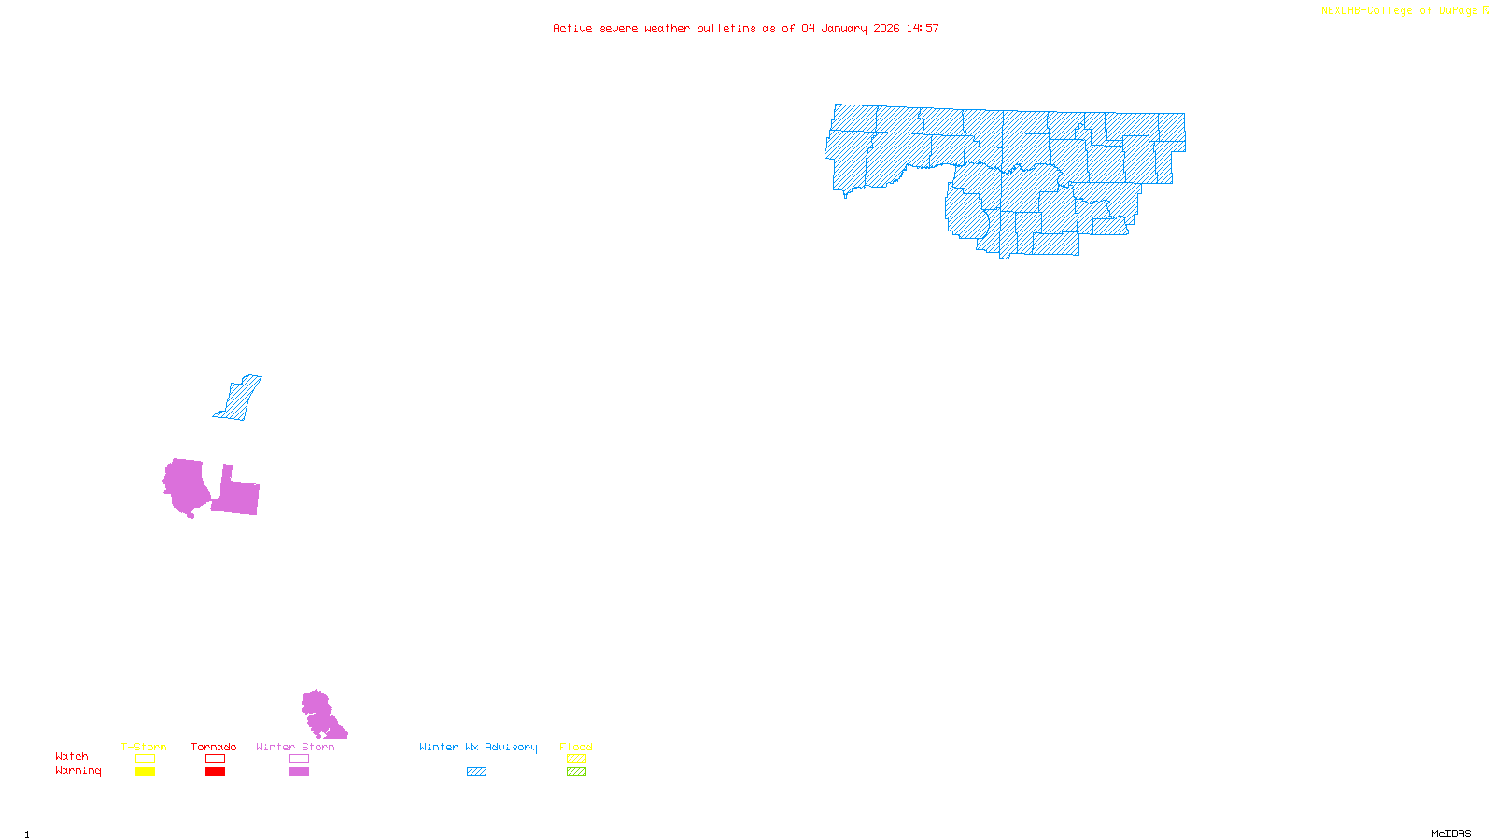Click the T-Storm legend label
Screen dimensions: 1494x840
144,747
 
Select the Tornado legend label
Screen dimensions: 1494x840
214,747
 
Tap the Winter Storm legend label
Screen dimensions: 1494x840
295,747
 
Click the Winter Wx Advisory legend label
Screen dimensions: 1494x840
478,747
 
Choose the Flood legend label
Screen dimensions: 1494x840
576,747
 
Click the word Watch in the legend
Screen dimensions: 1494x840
72,756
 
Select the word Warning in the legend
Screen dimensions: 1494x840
78,771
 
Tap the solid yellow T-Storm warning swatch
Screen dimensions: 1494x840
145,772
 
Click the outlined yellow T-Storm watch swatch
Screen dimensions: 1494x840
145,759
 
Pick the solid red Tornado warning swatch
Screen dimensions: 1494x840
216,772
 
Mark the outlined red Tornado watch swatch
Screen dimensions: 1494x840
216,759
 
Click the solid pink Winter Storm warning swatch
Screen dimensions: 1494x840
299,772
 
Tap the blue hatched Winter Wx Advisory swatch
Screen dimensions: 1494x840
476,772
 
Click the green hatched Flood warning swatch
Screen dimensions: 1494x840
577,772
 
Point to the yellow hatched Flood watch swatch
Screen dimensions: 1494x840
577,759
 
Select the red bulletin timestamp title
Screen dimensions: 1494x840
746,28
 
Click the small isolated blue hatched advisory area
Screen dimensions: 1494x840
239,399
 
